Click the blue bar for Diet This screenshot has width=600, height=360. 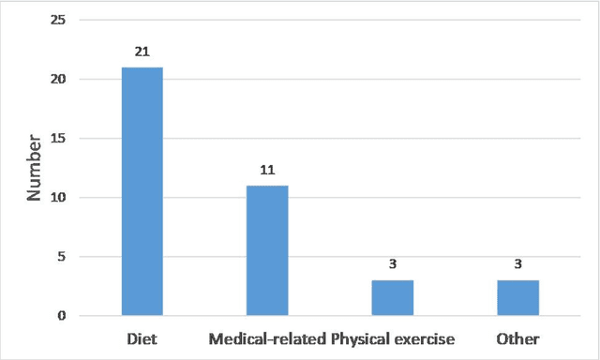coord(142,191)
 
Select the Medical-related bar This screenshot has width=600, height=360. coord(267,250)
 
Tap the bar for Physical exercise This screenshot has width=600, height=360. coord(392,297)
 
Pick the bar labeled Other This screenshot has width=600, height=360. coord(517,297)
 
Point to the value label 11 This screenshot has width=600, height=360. coord(267,172)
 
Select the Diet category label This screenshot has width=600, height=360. coord(142,337)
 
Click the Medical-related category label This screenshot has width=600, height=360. coord(267,337)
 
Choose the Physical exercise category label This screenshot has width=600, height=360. coord(393,337)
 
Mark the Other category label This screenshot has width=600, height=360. coord(517,337)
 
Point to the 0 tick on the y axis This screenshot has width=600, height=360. coord(62,316)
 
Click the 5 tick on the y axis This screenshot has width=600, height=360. coord(62,257)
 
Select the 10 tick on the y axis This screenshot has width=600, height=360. coord(58,198)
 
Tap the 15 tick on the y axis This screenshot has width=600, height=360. coord(58,139)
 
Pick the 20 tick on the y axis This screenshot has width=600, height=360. coord(58,80)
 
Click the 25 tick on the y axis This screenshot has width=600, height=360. coord(58,21)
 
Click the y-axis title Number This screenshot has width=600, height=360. coord(33,169)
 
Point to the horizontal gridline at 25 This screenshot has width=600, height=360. coord(328,21)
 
